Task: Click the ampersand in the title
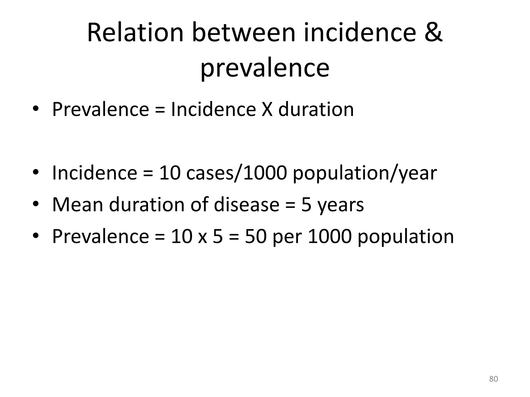pyautogui.click(x=431, y=33)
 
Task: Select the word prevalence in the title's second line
pyautogui.click(x=265, y=68)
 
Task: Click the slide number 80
pyautogui.click(x=494, y=379)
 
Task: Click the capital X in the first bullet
pyautogui.click(x=267, y=109)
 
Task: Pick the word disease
pyautogui.click(x=247, y=204)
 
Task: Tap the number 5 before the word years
pyautogui.click(x=306, y=205)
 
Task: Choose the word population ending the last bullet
pyautogui.click(x=406, y=237)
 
